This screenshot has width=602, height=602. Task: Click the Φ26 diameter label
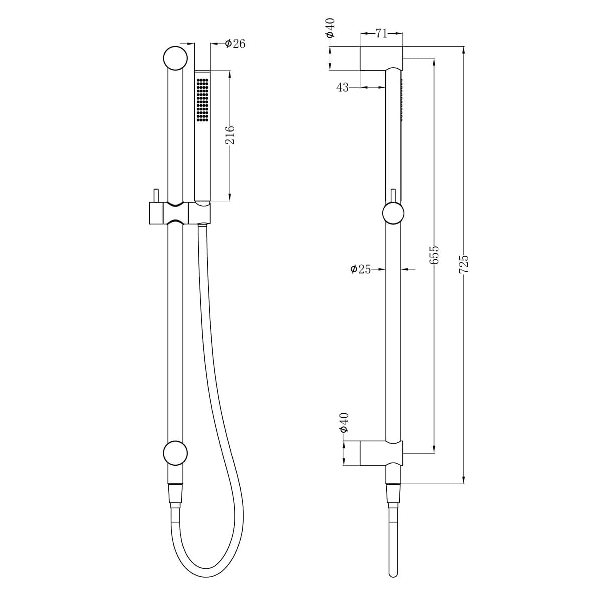coord(235,44)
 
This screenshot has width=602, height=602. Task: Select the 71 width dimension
coord(381,34)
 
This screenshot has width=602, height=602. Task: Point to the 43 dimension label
coord(342,88)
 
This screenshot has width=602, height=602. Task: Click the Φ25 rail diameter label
coord(361,269)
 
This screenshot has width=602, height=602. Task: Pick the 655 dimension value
coord(434,255)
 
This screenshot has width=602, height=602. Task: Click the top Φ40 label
coord(330,28)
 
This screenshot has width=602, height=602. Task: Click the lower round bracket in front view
coord(175,453)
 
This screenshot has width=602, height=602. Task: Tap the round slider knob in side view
coord(393,214)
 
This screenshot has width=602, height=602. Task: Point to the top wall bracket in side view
coord(381,59)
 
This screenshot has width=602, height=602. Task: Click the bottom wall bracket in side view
coord(381,454)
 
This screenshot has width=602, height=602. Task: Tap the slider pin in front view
coord(156,196)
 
